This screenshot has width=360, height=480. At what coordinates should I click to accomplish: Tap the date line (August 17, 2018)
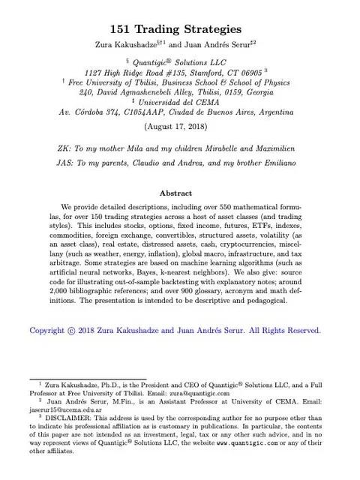[180, 126]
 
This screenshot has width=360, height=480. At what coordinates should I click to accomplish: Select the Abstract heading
[179, 192]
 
